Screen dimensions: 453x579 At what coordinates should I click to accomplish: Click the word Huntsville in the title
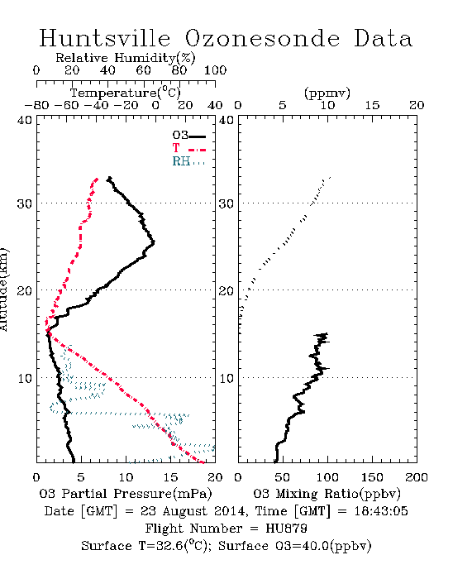[105, 38]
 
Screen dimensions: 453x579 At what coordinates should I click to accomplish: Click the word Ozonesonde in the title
[262, 38]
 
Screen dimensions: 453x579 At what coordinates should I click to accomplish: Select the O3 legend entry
[188, 135]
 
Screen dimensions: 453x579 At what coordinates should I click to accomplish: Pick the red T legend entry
[188, 148]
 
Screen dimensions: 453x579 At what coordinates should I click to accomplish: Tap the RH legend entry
[188, 161]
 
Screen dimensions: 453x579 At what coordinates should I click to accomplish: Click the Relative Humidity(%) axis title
[125, 58]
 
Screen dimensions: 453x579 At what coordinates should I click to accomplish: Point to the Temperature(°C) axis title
[125, 93]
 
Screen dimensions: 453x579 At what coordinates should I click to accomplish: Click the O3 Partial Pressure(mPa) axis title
[126, 494]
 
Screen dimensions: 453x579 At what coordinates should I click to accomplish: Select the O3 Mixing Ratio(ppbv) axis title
[327, 494]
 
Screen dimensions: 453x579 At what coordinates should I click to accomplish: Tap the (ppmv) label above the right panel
[327, 93]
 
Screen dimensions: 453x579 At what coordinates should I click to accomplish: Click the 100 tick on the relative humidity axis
[215, 70]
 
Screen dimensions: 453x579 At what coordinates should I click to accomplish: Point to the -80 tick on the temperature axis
[37, 105]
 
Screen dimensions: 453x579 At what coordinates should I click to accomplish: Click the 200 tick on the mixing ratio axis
[417, 477]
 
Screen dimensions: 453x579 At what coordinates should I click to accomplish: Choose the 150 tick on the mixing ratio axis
[372, 477]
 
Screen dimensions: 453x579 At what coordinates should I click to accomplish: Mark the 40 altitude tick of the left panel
[25, 121]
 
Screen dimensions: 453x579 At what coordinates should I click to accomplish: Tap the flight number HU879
[286, 529]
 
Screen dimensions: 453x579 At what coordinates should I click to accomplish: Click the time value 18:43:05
[381, 511]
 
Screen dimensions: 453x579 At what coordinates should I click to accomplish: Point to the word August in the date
[185, 511]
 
